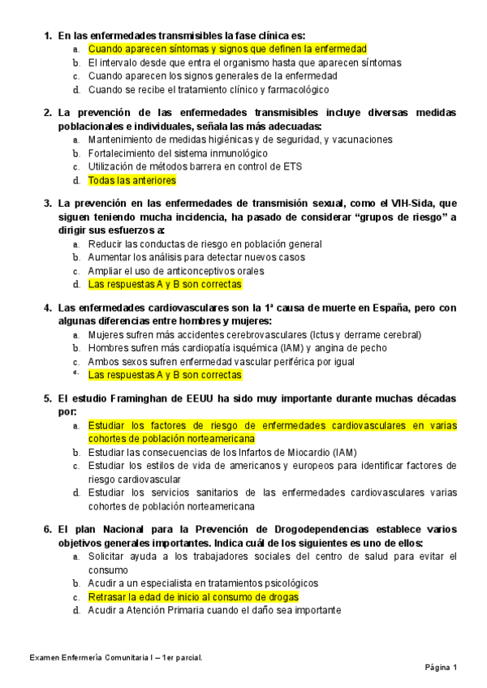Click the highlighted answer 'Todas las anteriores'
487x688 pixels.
(131, 180)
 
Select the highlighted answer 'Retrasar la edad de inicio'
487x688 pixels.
(193, 596)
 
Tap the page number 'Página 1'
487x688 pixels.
(442, 668)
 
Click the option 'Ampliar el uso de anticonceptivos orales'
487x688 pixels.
(176, 271)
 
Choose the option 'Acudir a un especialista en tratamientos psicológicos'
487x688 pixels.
(203, 583)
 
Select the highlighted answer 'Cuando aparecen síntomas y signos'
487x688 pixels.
(227, 49)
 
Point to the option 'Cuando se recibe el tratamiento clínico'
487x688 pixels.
(208, 90)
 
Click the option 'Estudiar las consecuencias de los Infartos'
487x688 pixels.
(222, 453)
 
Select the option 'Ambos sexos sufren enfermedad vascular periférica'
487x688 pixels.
(222, 362)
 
